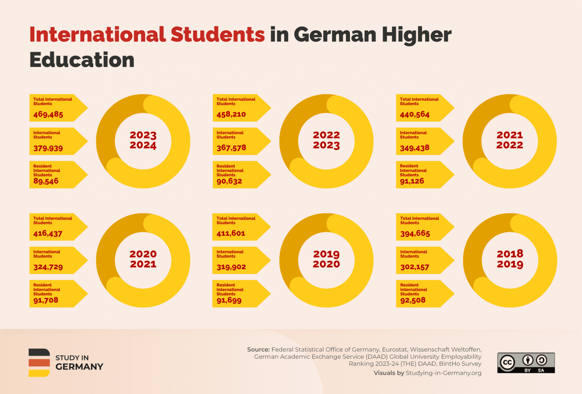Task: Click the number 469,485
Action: (x=48, y=114)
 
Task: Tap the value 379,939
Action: (x=48, y=148)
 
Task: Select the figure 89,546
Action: (x=46, y=181)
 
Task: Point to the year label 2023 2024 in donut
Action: (x=143, y=140)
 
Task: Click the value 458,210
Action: (x=231, y=114)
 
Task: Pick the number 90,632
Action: (x=229, y=181)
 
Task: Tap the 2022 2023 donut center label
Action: (x=327, y=140)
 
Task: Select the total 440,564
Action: (x=414, y=114)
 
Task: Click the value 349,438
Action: (x=414, y=148)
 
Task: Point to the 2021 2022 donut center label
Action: (x=510, y=140)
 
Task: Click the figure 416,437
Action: (x=48, y=234)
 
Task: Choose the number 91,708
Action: (x=46, y=300)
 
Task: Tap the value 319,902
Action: (x=231, y=267)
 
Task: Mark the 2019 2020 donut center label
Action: (x=327, y=259)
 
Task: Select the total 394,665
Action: (x=415, y=234)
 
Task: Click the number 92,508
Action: (x=413, y=300)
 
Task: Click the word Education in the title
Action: (x=82, y=60)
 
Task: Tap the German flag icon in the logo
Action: (x=39, y=363)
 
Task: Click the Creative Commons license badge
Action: (x=526, y=363)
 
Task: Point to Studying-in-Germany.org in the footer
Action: (x=443, y=373)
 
